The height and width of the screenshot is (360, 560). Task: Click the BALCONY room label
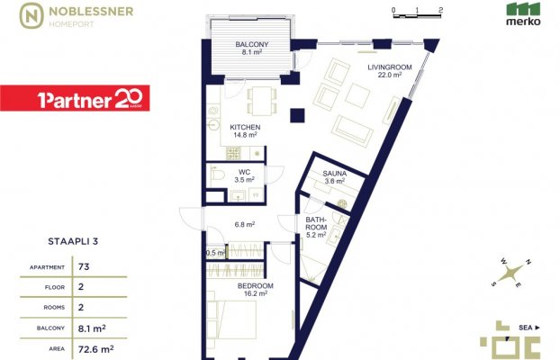coord(252,45)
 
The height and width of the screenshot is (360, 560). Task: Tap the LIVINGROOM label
coord(390,67)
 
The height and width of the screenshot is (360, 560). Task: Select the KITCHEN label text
coord(245,127)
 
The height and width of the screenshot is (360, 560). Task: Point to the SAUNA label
coord(334,174)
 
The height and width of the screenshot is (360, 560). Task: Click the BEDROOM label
coord(256,285)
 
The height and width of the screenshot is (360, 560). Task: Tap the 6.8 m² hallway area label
coord(245,225)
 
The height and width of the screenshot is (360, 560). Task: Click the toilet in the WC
coord(216,174)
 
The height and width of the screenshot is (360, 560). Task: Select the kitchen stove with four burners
coord(233,154)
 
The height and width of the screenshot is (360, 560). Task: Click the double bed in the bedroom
coord(231,319)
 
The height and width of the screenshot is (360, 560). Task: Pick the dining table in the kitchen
coord(262,101)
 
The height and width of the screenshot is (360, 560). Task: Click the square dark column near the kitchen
coord(297,115)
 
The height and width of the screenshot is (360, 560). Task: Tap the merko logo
coord(523,14)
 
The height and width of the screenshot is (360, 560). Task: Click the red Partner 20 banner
coord(75,98)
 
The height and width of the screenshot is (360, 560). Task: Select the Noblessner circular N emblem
coord(32,15)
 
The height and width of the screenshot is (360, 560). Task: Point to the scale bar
coord(417,15)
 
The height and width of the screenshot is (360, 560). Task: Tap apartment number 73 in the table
coord(84,266)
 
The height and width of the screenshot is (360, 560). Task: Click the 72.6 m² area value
coord(95,348)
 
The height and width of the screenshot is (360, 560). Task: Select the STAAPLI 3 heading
coord(73,241)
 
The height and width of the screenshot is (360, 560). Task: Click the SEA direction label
coord(526,328)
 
